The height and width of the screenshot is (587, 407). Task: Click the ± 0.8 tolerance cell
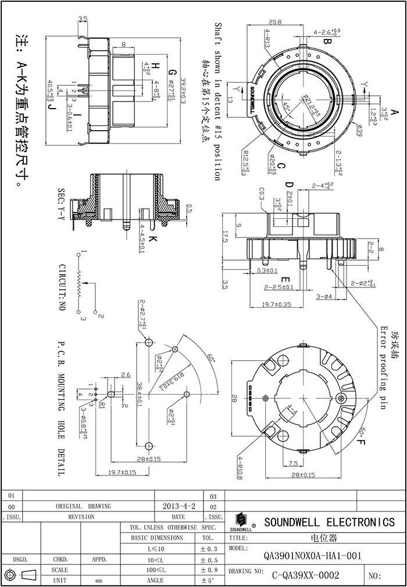208,570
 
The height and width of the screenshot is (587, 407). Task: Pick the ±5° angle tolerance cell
208,580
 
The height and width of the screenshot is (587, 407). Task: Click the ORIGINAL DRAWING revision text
83,506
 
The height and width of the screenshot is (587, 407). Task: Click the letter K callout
152,240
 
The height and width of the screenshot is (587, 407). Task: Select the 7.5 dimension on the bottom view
292,463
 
